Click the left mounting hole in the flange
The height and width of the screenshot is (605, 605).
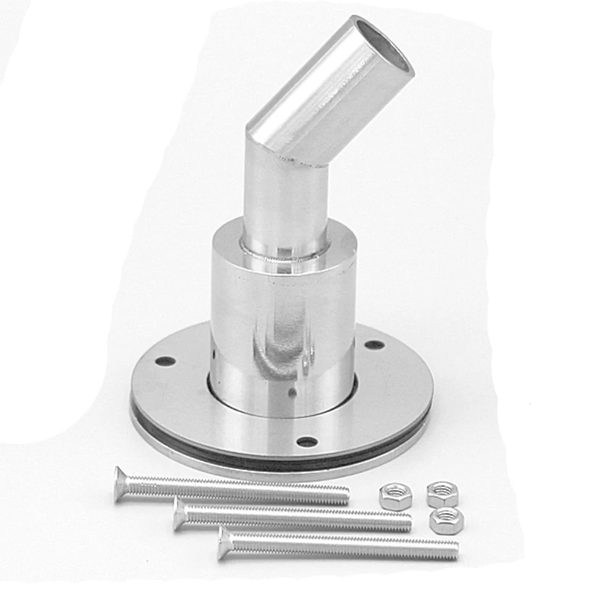click(x=165, y=361)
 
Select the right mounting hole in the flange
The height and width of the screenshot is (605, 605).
click(x=374, y=345)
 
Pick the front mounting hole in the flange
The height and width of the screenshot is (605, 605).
click(x=307, y=442)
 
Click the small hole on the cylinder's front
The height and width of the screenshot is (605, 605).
click(x=292, y=392)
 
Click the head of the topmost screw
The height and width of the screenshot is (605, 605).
click(x=121, y=484)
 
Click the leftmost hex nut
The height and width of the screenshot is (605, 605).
click(x=395, y=496)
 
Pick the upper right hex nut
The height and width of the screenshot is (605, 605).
click(x=442, y=494)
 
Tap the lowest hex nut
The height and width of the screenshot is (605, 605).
click(x=447, y=520)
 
